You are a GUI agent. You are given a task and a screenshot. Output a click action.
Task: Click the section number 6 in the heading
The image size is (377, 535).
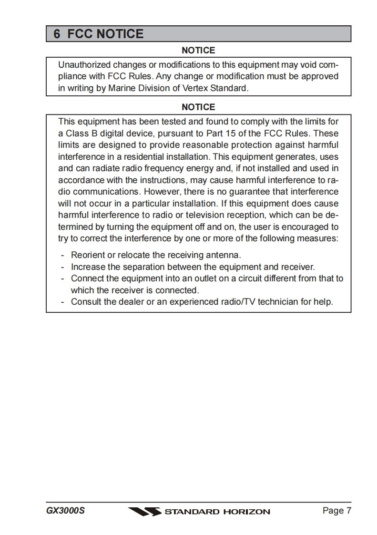[57, 34]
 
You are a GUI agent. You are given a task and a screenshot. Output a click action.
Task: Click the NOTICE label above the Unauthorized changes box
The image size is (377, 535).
[198, 50]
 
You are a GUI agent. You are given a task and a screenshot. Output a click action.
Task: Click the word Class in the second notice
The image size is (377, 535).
[78, 134]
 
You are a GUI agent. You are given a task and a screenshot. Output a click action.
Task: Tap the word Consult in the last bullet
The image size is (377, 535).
[86, 302]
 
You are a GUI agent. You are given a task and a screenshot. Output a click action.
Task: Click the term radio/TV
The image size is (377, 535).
[237, 302]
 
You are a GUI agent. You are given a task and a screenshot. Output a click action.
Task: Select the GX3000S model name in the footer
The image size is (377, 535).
[66, 511]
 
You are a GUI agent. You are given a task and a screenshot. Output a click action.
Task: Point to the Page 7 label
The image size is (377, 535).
[336, 511]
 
